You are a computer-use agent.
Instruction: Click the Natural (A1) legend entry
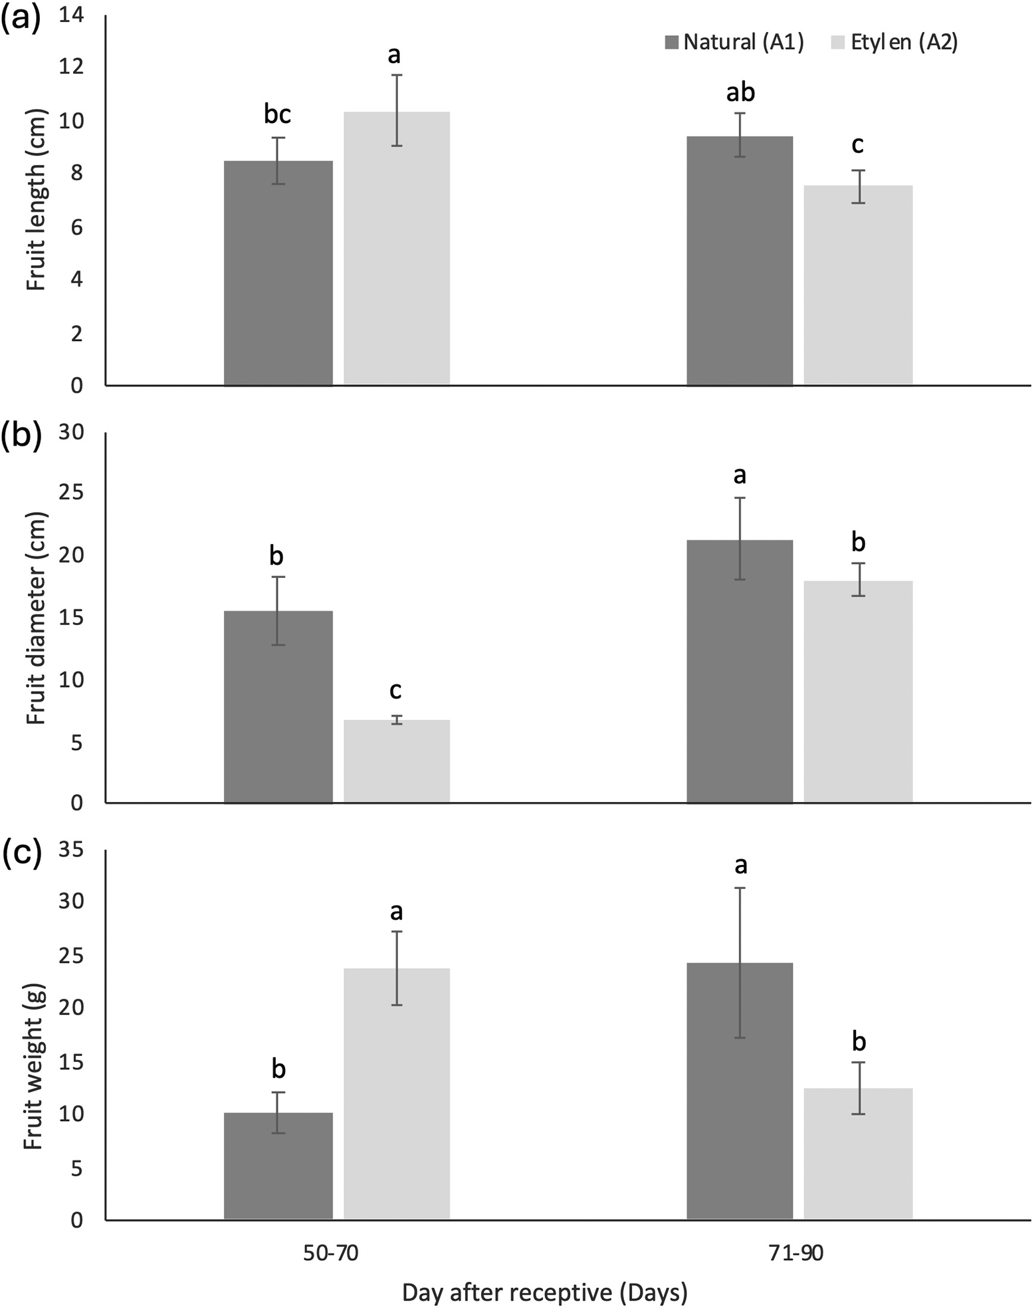[x=734, y=43]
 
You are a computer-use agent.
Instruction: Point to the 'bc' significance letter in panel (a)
[x=277, y=114]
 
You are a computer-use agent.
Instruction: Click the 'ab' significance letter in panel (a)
[x=740, y=92]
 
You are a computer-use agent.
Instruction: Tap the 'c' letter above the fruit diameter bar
[x=395, y=690]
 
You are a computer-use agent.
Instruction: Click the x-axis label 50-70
[x=331, y=1253]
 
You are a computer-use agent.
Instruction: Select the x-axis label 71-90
[x=795, y=1253]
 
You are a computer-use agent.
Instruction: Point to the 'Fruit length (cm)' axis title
[x=37, y=199]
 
